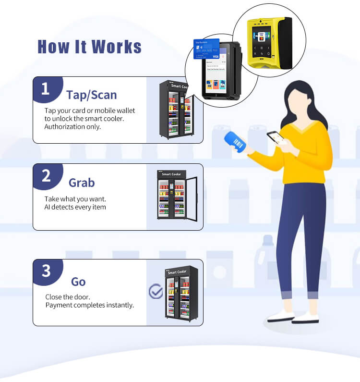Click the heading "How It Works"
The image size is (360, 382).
(89, 47)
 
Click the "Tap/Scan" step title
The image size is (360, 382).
(91, 94)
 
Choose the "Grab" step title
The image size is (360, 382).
(82, 183)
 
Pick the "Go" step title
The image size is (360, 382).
(78, 282)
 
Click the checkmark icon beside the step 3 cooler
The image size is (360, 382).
(156, 291)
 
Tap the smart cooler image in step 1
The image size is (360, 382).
(176, 109)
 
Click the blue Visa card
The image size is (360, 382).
(206, 49)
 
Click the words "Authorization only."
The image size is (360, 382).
(72, 126)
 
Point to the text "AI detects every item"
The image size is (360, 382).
(75, 207)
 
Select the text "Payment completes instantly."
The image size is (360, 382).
(89, 305)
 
